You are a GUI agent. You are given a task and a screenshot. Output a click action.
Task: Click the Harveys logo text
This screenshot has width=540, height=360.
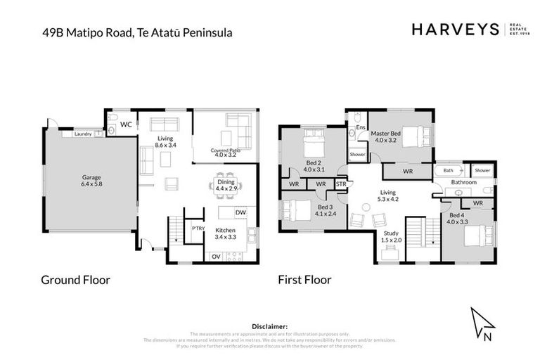pos(455,30)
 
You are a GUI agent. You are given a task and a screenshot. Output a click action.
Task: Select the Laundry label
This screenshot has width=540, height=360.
pos(82,133)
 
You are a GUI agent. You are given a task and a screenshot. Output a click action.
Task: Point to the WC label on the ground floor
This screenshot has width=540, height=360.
pos(127,125)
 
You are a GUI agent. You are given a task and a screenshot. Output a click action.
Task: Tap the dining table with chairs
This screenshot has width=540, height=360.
pos(226,181)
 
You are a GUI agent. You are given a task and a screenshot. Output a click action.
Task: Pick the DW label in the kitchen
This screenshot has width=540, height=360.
pos(240,212)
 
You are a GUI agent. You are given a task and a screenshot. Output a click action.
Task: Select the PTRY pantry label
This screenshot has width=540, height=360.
pos(198,229)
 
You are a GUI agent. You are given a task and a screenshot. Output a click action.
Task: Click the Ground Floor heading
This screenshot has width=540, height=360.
pos(75,280)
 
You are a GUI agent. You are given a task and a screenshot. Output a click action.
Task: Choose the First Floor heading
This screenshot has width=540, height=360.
pos(304,280)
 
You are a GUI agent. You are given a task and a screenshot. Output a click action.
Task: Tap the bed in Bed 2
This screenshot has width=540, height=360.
pos(311,146)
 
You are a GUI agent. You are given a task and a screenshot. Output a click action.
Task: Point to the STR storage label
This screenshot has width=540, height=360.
pos(341,184)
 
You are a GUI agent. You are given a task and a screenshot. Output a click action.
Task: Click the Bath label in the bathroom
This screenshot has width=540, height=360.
pos(448,170)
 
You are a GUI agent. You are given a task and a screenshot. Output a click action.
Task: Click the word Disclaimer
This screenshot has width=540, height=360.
pos(269,326)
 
